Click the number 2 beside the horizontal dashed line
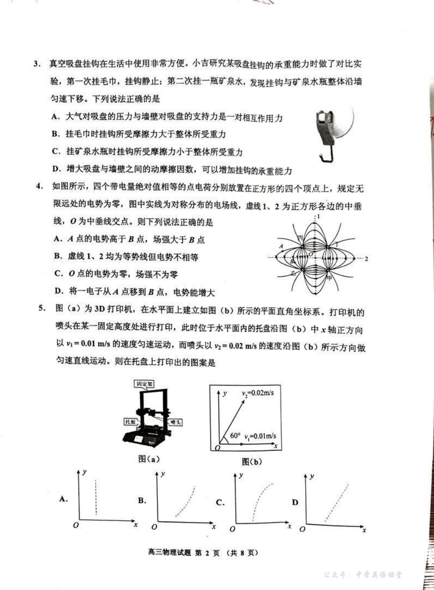[366, 259]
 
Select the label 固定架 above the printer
[145, 384]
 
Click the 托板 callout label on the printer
[131, 421]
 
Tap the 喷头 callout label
[175, 422]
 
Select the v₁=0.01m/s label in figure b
[260, 436]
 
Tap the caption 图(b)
[252, 462]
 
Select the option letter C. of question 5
[220, 503]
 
